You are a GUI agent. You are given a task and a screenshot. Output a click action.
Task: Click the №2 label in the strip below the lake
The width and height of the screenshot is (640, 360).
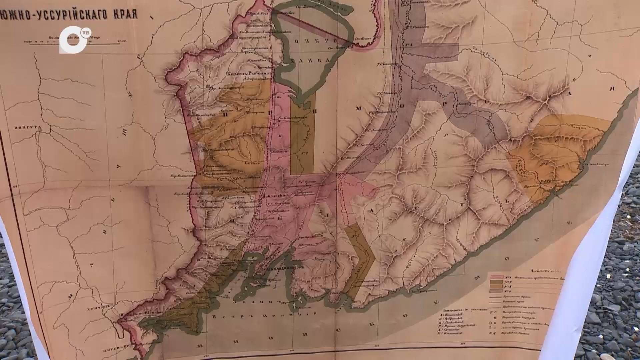click(303, 154)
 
